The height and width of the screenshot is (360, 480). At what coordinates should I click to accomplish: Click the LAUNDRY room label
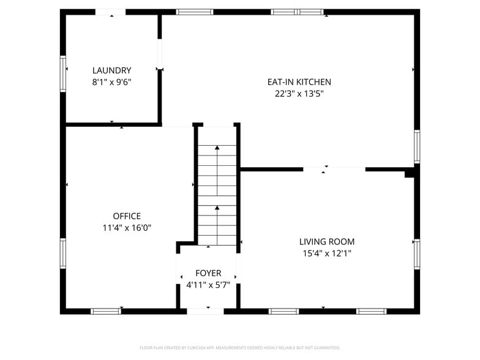coord(111,70)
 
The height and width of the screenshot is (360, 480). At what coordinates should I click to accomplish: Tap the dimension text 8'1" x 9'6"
coord(111,82)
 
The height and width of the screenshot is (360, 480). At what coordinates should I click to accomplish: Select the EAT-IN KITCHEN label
coord(299,82)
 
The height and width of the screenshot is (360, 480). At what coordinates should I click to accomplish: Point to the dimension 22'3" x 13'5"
coord(299,94)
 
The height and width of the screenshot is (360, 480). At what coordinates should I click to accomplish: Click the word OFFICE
coord(127,216)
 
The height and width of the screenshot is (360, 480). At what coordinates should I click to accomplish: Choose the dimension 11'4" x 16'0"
coord(127,228)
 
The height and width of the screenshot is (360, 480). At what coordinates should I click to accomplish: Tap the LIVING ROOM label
coord(326,242)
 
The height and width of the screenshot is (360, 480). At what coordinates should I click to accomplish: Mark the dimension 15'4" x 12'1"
coord(326,253)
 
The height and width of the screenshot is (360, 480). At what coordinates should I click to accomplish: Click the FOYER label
coord(208,273)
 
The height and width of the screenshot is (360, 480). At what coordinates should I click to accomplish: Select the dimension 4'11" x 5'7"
coord(208,285)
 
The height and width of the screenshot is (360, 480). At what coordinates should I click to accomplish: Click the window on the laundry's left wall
coord(62,74)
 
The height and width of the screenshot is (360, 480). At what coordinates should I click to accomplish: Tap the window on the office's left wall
coord(62,253)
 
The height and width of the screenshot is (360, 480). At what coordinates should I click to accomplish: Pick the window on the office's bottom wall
coord(106,311)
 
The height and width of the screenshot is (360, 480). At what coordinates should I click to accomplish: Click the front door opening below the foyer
coord(205,311)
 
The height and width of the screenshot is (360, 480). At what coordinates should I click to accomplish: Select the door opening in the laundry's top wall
coord(110,12)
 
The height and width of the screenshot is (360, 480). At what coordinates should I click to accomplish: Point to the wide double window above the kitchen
coord(297,12)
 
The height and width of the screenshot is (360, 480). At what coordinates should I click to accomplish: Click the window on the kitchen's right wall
coord(417,147)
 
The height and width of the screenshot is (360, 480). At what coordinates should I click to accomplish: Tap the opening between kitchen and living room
coord(334,169)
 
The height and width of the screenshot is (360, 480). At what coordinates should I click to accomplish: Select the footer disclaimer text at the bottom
coord(239,347)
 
